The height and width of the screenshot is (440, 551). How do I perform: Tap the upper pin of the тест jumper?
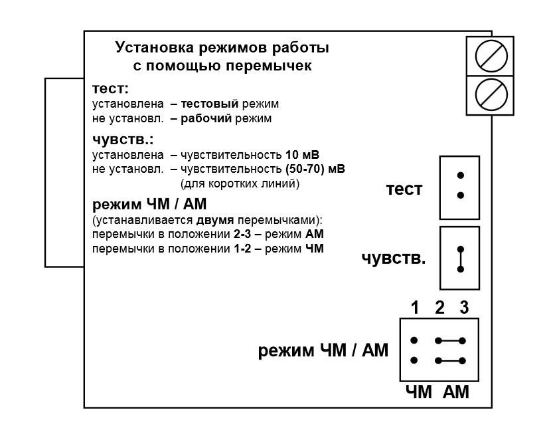460,175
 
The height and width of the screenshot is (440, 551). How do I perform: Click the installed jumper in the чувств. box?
460,259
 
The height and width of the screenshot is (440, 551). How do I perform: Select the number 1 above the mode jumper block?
415,308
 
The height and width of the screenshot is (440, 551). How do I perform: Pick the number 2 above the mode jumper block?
439,308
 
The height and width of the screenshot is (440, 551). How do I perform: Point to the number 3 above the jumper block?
464,308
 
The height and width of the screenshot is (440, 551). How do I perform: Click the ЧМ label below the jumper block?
418,392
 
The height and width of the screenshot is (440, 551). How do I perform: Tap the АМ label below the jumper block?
456,392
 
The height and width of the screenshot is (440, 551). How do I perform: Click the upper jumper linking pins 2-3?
450,340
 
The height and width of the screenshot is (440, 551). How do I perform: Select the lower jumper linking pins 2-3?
450,360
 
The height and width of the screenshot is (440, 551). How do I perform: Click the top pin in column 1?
414,340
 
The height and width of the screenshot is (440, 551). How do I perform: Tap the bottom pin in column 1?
414,360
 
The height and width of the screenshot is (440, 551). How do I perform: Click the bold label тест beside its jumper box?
404,189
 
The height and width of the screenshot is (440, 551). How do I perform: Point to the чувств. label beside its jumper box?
394,259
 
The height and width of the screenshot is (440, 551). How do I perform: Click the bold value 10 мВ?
302,155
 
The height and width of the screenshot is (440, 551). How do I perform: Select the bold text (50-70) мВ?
315,169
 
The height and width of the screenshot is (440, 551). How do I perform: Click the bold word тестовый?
210,104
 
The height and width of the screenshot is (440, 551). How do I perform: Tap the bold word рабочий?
206,118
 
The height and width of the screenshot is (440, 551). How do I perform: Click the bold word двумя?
215,220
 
